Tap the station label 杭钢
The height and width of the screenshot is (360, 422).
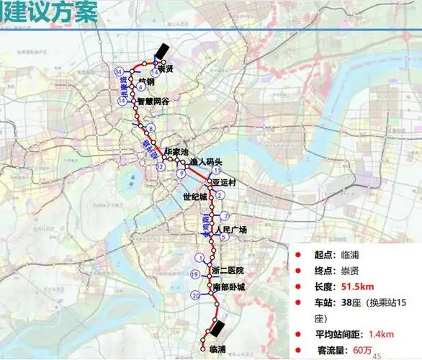tap(146, 82)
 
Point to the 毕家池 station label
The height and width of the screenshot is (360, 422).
tap(176, 153)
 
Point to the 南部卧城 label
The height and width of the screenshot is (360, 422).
tap(230, 287)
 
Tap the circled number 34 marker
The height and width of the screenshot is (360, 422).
tap(118, 71)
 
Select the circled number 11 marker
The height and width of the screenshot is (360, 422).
tap(215, 170)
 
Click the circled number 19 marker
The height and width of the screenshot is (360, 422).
tap(194, 275)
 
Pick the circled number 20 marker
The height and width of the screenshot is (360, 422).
tap(195, 296)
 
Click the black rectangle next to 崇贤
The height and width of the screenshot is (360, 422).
tap(163, 50)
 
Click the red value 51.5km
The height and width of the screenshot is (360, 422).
tap(351, 287)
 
